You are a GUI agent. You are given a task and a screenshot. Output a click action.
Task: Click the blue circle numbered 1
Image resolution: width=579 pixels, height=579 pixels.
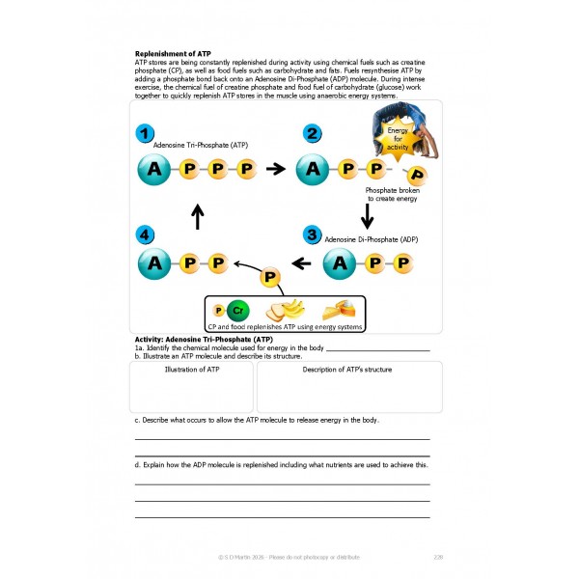point(145,133)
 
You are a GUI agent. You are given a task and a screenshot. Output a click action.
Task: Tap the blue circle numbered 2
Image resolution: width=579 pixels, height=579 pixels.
point(312,133)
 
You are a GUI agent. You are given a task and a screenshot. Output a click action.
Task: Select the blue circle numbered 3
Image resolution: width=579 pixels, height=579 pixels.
point(312,234)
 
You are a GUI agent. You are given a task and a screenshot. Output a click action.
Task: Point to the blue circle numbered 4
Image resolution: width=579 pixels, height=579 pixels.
point(145,234)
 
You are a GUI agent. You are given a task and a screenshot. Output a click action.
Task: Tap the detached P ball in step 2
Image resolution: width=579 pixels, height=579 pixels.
point(417,175)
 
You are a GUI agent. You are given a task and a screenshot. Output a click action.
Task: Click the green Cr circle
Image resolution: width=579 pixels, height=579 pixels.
point(238,311)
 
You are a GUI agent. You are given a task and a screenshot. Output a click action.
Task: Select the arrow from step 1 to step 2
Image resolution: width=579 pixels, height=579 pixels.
point(276,169)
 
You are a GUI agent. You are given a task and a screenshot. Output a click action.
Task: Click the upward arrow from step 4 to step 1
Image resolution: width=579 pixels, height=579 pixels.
point(198,216)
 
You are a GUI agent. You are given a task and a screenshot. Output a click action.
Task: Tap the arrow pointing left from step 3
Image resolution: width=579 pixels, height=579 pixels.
point(302,262)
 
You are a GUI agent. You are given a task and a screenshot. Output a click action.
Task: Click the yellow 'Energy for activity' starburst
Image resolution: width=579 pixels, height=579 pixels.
point(398,137)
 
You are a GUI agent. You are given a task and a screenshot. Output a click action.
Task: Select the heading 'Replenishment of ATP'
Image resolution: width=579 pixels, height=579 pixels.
point(174,53)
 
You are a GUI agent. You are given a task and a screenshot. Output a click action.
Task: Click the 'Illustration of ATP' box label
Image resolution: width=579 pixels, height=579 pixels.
point(193,370)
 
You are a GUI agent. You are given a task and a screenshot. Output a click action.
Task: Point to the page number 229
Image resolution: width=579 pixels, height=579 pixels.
point(438,558)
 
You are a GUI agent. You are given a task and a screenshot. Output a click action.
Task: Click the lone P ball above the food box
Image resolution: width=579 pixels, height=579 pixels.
point(271,278)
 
